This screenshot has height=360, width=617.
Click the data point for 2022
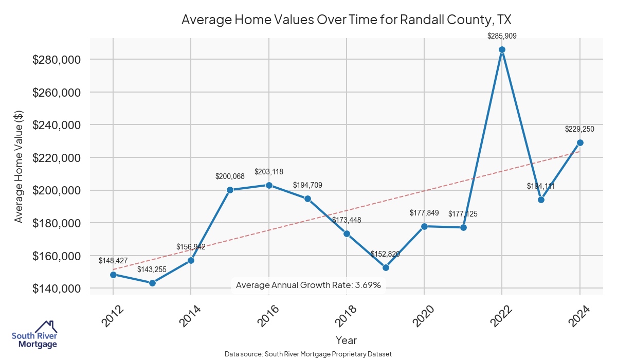click(x=502, y=49)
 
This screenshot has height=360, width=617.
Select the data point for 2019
click(x=386, y=267)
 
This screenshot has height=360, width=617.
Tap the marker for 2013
click(x=152, y=283)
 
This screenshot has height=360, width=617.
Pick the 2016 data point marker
click(x=269, y=185)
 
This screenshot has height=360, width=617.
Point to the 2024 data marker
click(x=580, y=142)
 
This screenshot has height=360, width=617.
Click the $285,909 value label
click(x=502, y=36)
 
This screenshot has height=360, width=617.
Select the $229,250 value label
click(x=579, y=129)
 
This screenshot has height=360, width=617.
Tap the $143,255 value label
click(x=152, y=269)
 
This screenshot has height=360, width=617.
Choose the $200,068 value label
click(x=230, y=176)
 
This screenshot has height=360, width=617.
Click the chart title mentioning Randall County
click(x=347, y=20)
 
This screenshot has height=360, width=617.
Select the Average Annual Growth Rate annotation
click(x=308, y=285)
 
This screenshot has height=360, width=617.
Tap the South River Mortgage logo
click(x=34, y=335)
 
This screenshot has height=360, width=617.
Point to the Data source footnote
click(x=308, y=354)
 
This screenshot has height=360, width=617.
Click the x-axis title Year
click(x=346, y=340)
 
